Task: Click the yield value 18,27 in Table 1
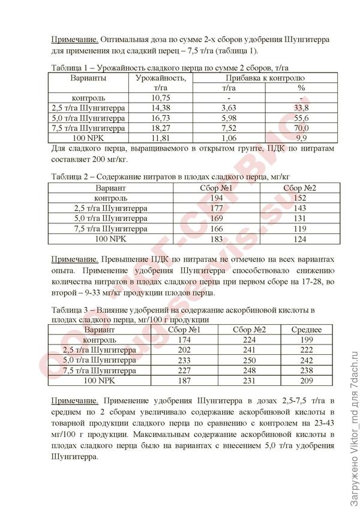tap(159, 128)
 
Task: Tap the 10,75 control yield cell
tap(159, 98)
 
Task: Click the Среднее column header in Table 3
tap(307, 330)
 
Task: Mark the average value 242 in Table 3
tap(307, 360)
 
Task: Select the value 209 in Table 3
tap(307, 381)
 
